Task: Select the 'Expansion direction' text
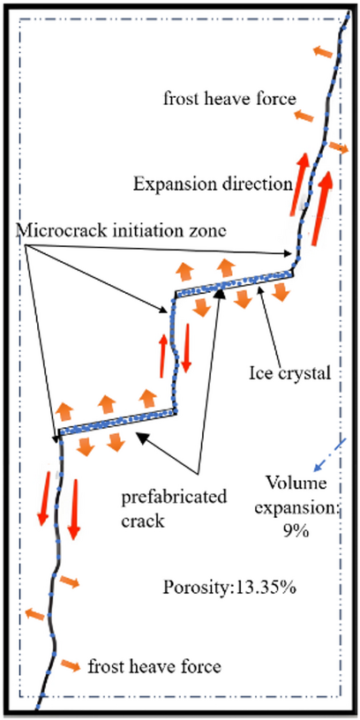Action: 211,184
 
